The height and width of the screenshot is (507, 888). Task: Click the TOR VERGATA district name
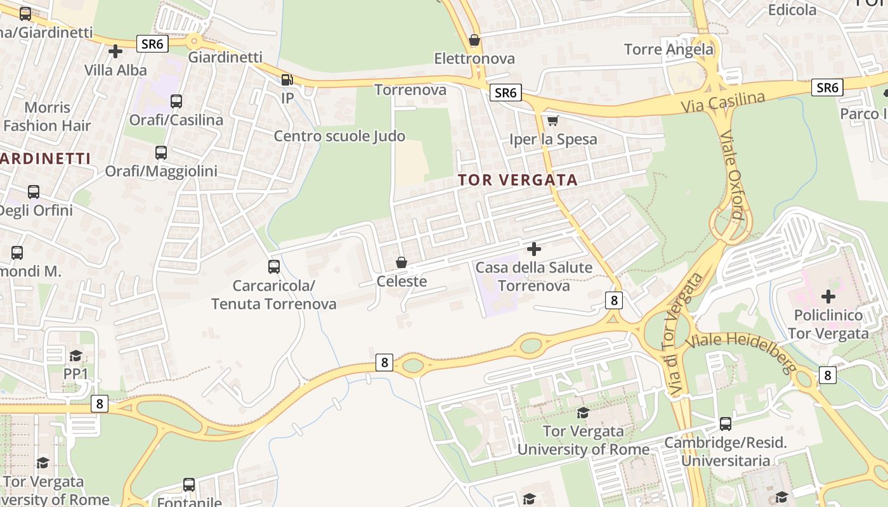pos(518,180)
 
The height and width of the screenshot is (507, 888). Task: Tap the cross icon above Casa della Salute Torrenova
pos(534,248)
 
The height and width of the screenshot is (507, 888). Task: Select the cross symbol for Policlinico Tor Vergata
pos(828,296)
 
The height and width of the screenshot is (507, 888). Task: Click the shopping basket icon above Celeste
pos(401,262)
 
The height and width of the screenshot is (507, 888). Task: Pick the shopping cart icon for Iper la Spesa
pos(552,120)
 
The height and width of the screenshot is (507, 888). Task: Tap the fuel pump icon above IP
pos(287,79)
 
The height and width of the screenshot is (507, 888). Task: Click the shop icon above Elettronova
pos(474,41)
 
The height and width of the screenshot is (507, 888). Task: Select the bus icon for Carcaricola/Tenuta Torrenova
pos(274,266)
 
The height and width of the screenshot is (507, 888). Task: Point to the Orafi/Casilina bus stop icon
pos(176,101)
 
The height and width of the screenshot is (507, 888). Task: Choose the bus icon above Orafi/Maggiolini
pos(161,152)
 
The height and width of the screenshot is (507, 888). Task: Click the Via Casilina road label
pos(723,103)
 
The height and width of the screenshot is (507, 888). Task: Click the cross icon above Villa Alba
pos(115,51)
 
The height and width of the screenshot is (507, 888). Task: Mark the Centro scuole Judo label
pos(339,136)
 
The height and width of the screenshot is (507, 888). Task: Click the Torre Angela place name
pos(669,49)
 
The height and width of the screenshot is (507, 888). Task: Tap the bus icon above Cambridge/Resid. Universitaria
pos(726,423)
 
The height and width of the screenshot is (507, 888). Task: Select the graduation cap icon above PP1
pos(75,355)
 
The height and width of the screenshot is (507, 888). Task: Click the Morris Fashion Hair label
pos(47,117)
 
